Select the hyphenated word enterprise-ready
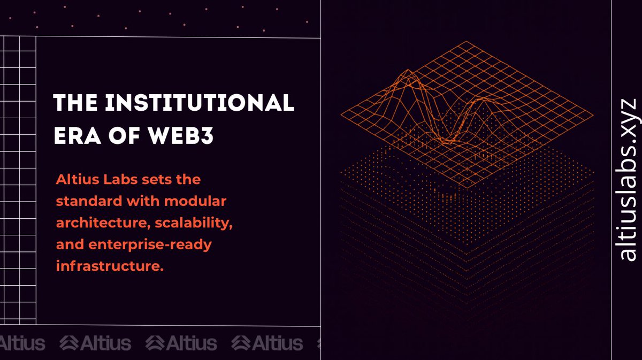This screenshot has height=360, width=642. point(149,245)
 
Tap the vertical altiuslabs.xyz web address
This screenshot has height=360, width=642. point(627,180)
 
